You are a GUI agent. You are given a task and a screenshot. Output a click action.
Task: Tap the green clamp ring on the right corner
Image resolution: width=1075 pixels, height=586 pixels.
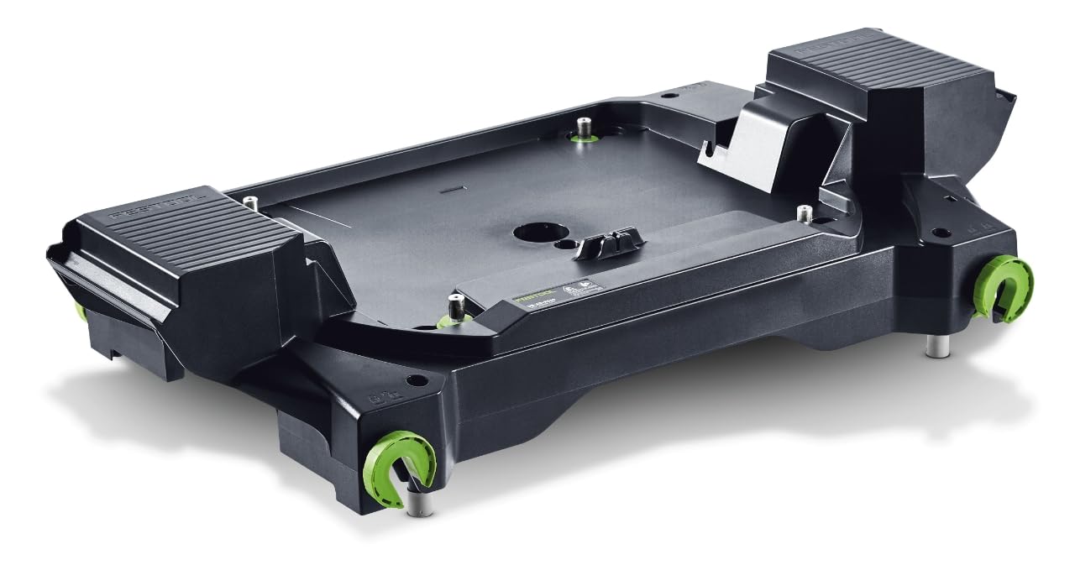pos(1004,288)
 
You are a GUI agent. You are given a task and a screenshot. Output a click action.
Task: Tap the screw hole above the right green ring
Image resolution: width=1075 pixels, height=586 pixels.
pos(941,233)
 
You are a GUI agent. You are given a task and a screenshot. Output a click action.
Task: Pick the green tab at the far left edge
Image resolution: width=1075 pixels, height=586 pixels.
pos(81,311)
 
